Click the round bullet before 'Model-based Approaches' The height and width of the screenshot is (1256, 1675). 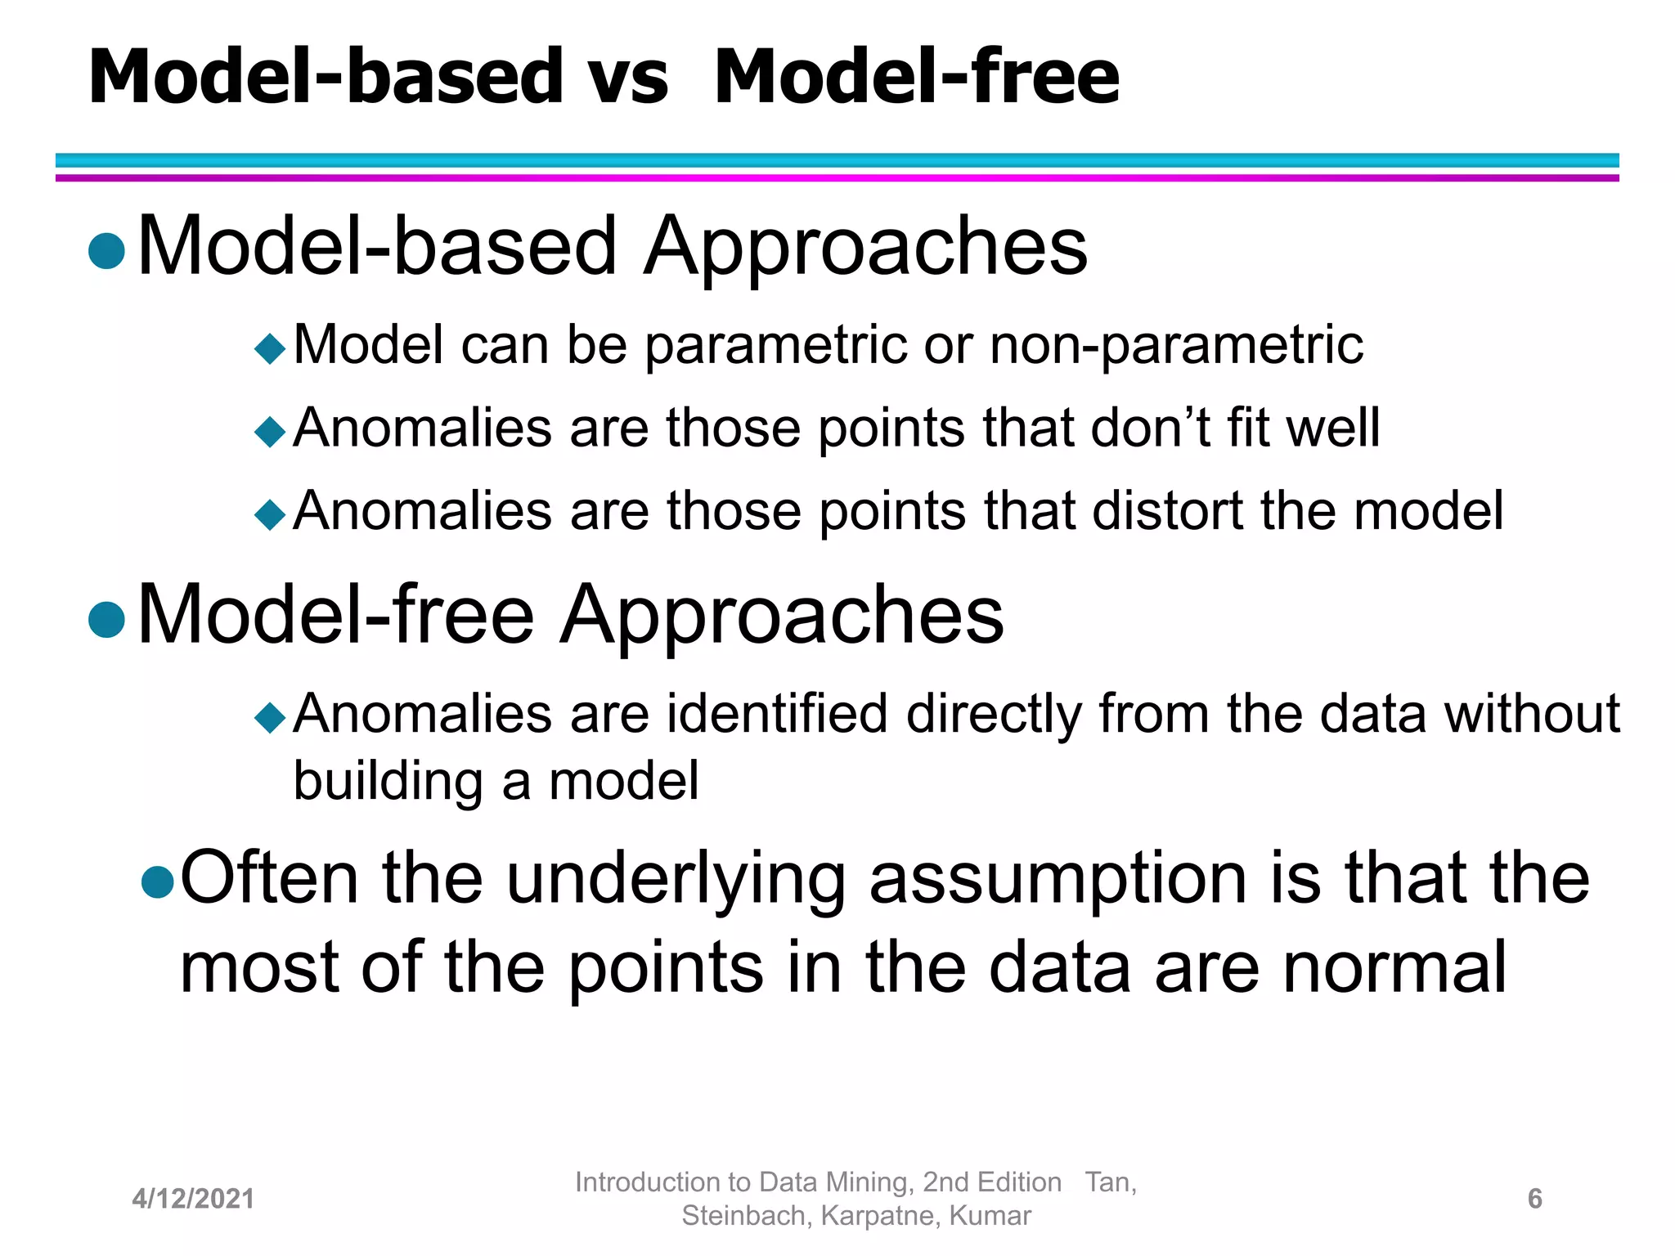click(107, 251)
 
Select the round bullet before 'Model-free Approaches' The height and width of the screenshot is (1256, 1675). click(107, 620)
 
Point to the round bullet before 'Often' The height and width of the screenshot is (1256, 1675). click(158, 882)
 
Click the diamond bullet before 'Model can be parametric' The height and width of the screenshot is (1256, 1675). click(270, 349)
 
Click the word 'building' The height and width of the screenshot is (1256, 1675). click(388, 782)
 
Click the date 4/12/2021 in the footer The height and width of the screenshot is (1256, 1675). click(193, 1199)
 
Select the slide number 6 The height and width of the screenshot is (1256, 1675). click(1534, 1199)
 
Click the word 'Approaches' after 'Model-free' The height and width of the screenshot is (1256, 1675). click(782, 616)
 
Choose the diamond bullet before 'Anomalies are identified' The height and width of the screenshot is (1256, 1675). click(270, 719)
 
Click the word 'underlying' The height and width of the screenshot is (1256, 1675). click(676, 879)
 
